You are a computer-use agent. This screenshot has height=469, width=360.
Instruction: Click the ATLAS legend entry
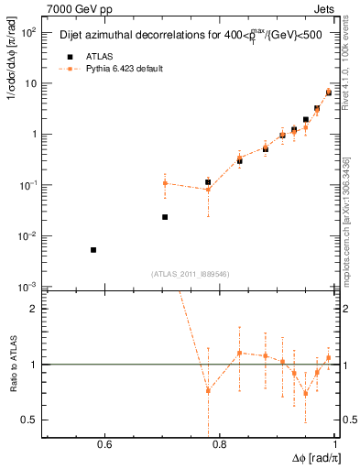(87, 55)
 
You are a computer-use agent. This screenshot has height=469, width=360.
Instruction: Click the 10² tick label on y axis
(28, 32)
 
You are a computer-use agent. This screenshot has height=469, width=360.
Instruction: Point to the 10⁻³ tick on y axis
(28, 287)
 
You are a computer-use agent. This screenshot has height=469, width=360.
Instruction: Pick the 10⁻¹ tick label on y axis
(28, 185)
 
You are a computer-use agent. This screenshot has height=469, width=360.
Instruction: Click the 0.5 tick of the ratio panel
(30, 420)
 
